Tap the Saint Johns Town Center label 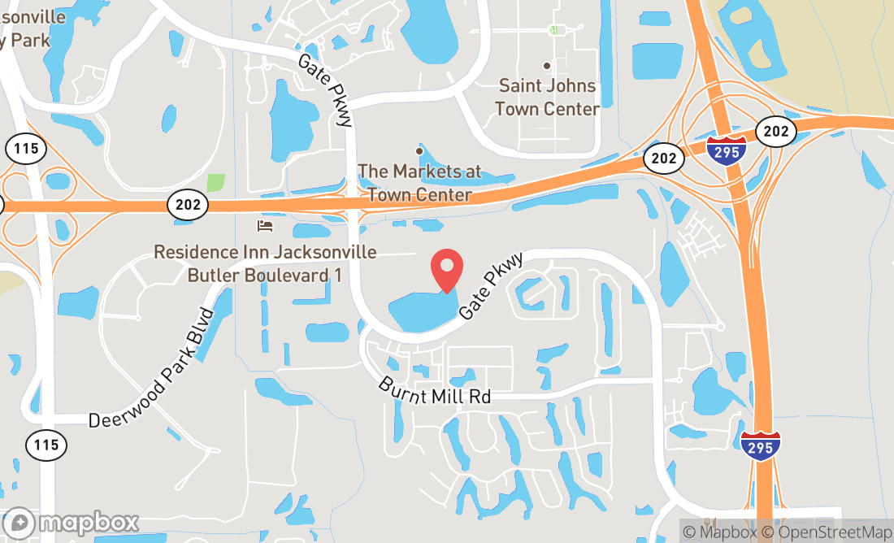pyautogui.click(x=547, y=97)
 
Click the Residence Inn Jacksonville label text pyautogui.click(x=265, y=263)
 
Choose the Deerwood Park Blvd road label pyautogui.click(x=151, y=368)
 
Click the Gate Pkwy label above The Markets pyautogui.click(x=324, y=89)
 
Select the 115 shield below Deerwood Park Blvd pyautogui.click(x=46, y=445)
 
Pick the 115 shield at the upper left pyautogui.click(x=25, y=149)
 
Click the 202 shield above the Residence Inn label pyautogui.click(x=188, y=205)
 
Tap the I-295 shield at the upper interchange pyautogui.click(x=726, y=151)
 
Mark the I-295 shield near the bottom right pyautogui.click(x=761, y=446)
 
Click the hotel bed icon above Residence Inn pyautogui.click(x=264, y=225)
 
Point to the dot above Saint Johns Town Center pyautogui.click(x=547, y=66)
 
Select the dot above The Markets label pyautogui.click(x=419, y=150)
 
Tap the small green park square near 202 pyautogui.click(x=216, y=183)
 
